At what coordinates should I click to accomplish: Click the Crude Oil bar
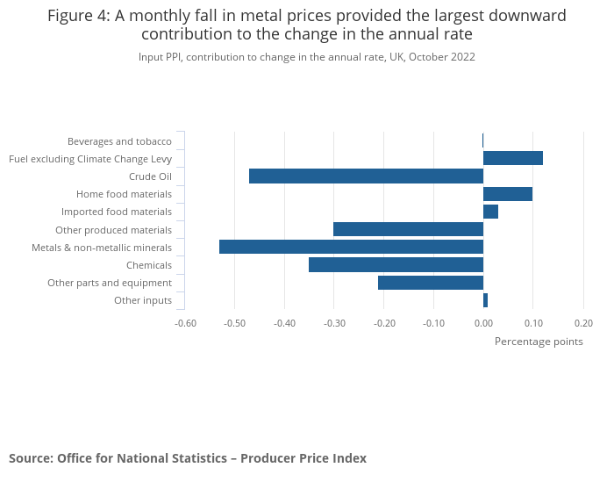click(x=366, y=176)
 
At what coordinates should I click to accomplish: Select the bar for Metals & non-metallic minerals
click(x=351, y=247)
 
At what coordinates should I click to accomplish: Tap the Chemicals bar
click(x=396, y=264)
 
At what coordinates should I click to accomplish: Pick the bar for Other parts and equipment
click(x=431, y=282)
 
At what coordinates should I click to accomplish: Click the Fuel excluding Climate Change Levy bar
click(x=513, y=158)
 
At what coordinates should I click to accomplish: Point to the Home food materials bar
click(x=508, y=194)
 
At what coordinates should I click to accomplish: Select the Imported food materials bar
click(x=491, y=212)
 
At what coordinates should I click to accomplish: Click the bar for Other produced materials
click(x=408, y=229)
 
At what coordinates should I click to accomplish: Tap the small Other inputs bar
click(x=485, y=300)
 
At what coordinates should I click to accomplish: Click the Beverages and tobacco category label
click(x=119, y=141)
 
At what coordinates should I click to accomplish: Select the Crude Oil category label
click(x=150, y=176)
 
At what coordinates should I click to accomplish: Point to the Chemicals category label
click(x=148, y=265)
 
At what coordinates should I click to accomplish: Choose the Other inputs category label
click(x=143, y=301)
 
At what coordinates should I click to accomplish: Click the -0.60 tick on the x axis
click(x=185, y=322)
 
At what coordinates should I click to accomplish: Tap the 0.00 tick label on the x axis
click(x=483, y=322)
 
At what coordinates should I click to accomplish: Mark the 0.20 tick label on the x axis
click(x=583, y=322)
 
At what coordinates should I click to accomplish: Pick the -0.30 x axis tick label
click(x=334, y=322)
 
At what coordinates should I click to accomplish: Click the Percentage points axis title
click(x=539, y=342)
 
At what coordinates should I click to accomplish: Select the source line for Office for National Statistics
click(x=188, y=458)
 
